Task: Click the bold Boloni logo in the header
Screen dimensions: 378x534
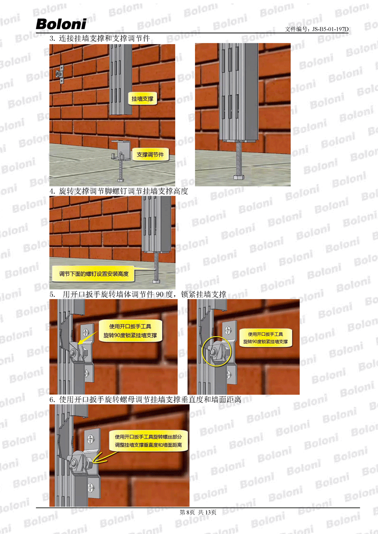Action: click(x=61, y=24)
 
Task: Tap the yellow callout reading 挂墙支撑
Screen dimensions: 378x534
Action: click(x=142, y=99)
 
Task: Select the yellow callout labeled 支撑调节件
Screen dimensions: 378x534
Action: click(x=150, y=155)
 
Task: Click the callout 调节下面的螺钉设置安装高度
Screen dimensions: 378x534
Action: click(x=94, y=274)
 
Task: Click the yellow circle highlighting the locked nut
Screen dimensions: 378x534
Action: click(x=217, y=352)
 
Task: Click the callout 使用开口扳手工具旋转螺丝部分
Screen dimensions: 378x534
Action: click(x=148, y=441)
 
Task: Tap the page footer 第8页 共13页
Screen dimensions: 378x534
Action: click(x=198, y=512)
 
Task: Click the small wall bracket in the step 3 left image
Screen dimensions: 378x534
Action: click(x=60, y=74)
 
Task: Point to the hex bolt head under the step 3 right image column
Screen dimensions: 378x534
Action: click(x=238, y=177)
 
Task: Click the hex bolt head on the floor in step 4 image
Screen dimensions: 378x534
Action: click(x=156, y=282)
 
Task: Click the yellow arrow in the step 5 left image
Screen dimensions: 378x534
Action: click(x=87, y=338)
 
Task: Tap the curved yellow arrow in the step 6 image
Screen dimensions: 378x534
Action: click(x=104, y=457)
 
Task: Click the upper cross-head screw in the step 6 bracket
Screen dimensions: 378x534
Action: click(x=90, y=438)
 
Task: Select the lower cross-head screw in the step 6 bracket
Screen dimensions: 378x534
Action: click(x=91, y=488)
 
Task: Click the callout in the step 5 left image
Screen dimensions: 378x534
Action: click(x=131, y=331)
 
